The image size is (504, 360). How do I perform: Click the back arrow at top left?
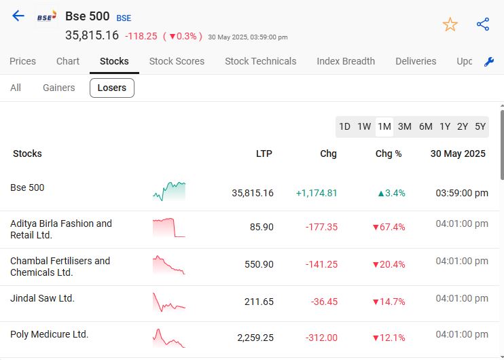click(x=18, y=16)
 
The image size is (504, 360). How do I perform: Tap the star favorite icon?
click(x=450, y=24)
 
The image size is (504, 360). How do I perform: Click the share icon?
click(x=483, y=24)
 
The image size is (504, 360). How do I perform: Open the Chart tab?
click(x=68, y=61)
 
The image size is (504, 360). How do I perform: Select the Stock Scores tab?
click(x=177, y=61)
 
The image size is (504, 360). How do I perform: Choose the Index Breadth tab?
click(x=346, y=61)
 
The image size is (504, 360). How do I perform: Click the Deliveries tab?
click(x=416, y=61)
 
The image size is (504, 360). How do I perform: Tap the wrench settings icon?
click(x=489, y=62)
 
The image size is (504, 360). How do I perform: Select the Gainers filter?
click(x=59, y=88)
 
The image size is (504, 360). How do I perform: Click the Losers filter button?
click(x=112, y=88)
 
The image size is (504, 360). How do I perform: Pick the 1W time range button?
click(x=364, y=126)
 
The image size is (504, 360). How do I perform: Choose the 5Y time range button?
click(x=480, y=126)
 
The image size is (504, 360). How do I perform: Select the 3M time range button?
click(x=405, y=126)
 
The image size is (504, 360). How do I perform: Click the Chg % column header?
click(x=389, y=154)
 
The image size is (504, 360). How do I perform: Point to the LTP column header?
click(x=264, y=154)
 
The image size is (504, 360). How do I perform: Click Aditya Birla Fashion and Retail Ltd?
click(x=61, y=229)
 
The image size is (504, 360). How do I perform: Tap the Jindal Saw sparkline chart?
click(x=168, y=302)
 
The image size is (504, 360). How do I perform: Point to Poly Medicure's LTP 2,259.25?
click(x=255, y=338)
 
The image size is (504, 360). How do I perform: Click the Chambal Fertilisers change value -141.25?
click(x=321, y=264)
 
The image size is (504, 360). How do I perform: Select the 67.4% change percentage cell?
click(x=389, y=227)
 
